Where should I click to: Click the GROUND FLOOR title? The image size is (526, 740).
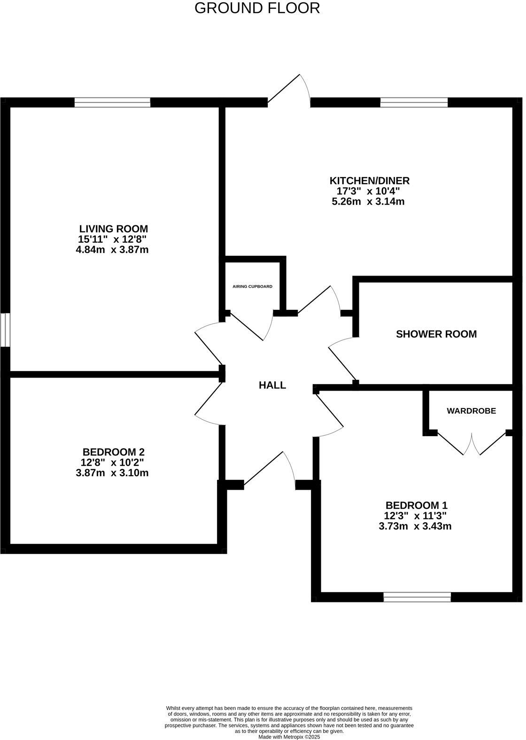[257, 8]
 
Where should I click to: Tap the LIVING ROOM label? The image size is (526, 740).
[113, 229]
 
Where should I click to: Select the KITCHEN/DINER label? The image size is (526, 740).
[370, 180]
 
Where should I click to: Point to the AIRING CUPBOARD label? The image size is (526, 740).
[252, 286]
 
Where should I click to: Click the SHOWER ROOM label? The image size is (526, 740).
[436, 334]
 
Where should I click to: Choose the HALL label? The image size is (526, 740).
[272, 385]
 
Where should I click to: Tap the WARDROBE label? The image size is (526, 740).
[471, 411]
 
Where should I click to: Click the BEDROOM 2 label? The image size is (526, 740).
[113, 452]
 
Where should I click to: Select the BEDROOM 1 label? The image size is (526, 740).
[416, 506]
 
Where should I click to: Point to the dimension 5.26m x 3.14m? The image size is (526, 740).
[368, 202]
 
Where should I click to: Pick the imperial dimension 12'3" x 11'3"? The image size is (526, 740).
[415, 516]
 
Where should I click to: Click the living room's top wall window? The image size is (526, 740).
[112, 102]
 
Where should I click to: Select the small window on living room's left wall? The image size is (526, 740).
[5, 330]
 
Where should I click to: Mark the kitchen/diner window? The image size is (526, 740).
[414, 102]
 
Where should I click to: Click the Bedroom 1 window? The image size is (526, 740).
[417, 597]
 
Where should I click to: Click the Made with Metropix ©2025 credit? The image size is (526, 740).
[289, 737]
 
